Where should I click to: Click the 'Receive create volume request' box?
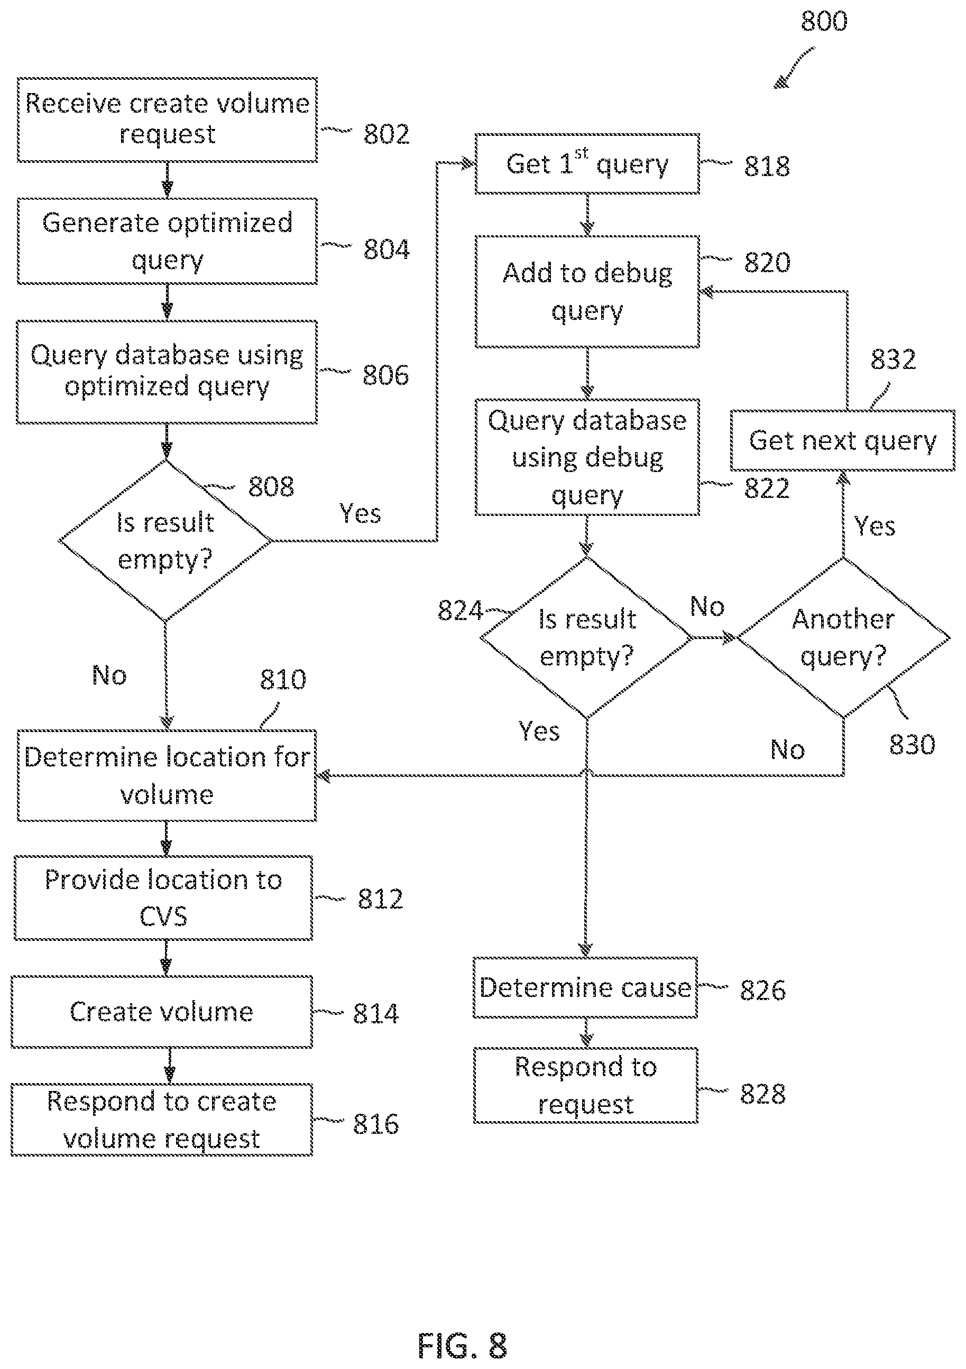point(167,120)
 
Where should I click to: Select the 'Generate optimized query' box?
point(167,241)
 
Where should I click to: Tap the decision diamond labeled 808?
point(165,541)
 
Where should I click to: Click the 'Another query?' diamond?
point(843,637)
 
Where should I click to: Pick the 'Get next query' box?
point(843,441)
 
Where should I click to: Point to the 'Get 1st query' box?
point(587,164)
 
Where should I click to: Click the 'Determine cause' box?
point(585,988)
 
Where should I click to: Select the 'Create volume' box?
point(162,1012)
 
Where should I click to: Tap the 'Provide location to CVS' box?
point(163,898)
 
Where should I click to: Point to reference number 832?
point(893,359)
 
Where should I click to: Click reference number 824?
point(460,610)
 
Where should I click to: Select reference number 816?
point(375,1124)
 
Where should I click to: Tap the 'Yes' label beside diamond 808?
point(360,513)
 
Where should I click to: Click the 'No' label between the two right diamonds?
point(707,606)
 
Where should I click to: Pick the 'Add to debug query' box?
point(587,292)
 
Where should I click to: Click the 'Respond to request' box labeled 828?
point(585,1085)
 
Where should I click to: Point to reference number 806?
point(386,375)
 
